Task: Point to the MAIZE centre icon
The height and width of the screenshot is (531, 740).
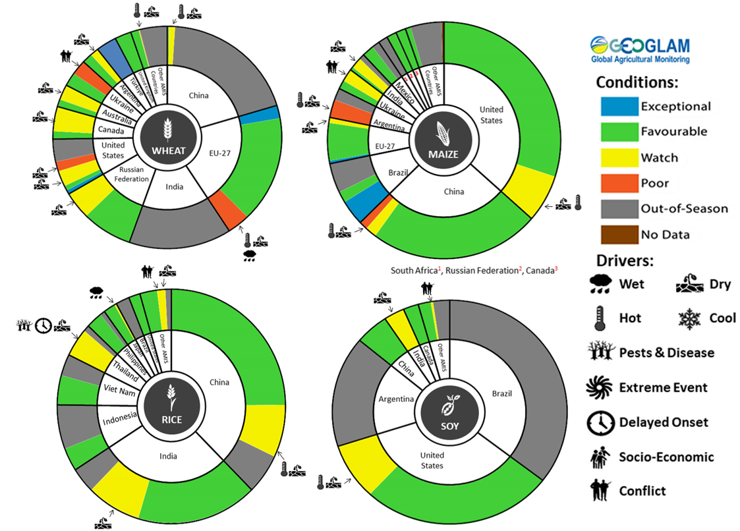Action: [x=441, y=146]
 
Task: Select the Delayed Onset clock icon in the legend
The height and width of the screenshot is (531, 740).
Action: [x=600, y=423]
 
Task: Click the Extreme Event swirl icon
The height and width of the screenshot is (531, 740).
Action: [x=600, y=387]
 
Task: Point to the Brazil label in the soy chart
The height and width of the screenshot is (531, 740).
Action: [x=501, y=393]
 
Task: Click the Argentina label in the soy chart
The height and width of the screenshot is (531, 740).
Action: [x=395, y=399]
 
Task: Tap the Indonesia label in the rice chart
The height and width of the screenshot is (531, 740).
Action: [x=119, y=416]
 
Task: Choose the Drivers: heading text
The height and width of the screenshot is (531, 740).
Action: [x=625, y=261]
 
